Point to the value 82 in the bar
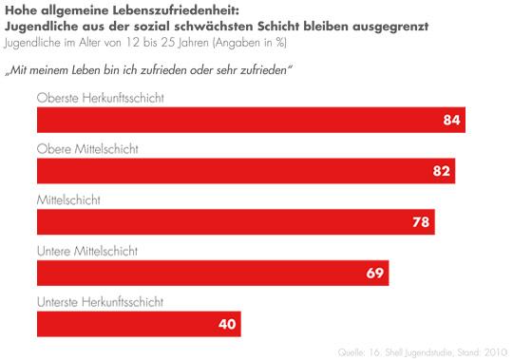point(442,171)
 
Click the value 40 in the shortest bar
point(227,324)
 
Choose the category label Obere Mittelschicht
point(87,149)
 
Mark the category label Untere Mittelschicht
point(87,251)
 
